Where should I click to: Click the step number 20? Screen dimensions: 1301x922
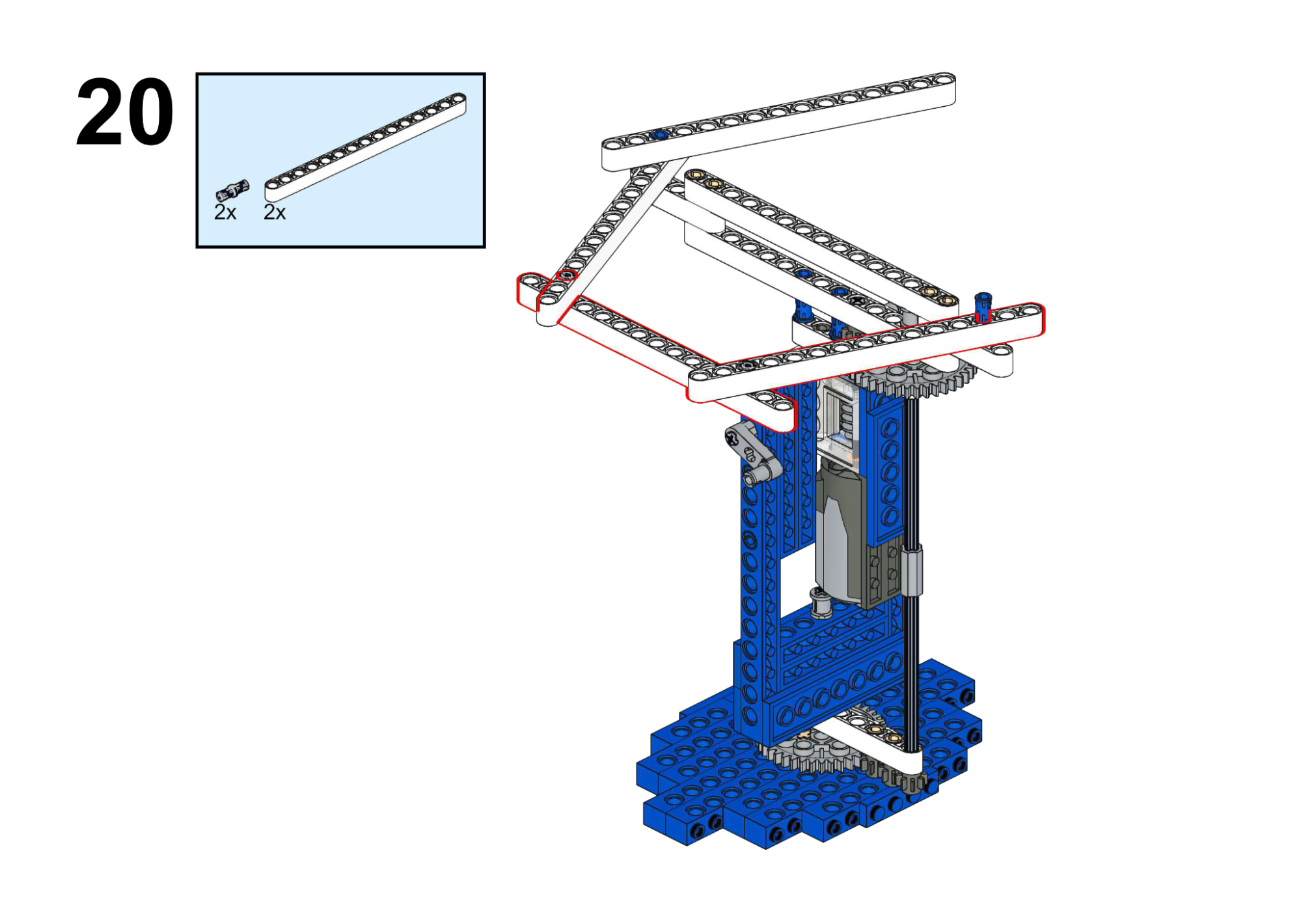(124, 112)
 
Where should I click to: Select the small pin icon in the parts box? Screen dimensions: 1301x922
(232, 190)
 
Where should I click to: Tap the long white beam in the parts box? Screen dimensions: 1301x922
(365, 147)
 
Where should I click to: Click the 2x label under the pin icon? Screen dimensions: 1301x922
(225, 212)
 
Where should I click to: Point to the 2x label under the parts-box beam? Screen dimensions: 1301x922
(275, 212)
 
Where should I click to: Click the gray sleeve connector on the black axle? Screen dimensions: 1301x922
(911, 570)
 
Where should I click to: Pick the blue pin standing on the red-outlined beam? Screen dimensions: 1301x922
(983, 307)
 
